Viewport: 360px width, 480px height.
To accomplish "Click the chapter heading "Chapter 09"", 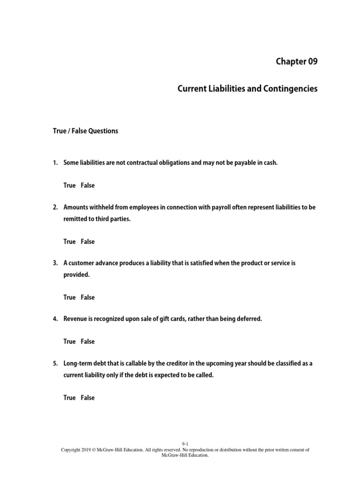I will click(x=296, y=62).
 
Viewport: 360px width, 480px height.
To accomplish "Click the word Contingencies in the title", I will click(x=292, y=89).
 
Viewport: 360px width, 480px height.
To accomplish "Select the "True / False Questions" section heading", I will click(x=85, y=131).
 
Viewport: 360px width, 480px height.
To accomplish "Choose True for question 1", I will click(x=69, y=185).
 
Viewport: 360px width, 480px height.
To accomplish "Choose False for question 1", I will click(x=87, y=185).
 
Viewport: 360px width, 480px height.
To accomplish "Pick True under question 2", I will click(x=69, y=241).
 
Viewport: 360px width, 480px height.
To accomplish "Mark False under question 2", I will click(x=87, y=241).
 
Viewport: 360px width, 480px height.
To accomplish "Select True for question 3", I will click(x=69, y=297).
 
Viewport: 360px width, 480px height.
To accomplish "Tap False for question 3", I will click(x=87, y=297).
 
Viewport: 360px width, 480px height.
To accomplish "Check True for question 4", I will click(x=69, y=341).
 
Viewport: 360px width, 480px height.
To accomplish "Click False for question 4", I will click(x=87, y=341).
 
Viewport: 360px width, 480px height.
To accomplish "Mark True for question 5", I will click(x=69, y=397).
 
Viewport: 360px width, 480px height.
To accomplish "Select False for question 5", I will click(x=87, y=397).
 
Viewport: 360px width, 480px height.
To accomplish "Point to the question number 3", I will click(x=54, y=263).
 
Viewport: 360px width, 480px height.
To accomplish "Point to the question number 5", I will click(x=54, y=363).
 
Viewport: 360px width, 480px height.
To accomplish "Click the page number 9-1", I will click(x=185, y=443).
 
